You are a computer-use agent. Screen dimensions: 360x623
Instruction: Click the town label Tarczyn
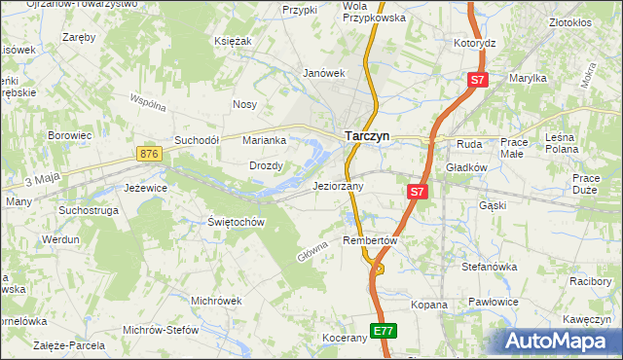coord(368,137)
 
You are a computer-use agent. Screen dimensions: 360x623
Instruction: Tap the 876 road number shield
coord(149,154)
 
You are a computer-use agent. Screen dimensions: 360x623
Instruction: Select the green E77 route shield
coord(384,332)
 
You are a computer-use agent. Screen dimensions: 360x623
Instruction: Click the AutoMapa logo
coord(561,342)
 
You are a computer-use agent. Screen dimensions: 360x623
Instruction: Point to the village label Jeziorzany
coord(338,186)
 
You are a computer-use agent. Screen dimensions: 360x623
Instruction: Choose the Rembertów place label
coord(372,240)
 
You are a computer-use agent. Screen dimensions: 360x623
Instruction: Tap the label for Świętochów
coord(237,222)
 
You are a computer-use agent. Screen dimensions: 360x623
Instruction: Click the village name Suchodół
coord(198,140)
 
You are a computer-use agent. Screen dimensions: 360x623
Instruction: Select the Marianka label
coord(265,140)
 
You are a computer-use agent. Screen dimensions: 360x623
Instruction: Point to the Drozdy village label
coord(266,165)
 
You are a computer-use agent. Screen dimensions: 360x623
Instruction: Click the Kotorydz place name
coord(475,44)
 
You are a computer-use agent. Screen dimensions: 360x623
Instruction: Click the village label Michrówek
coord(216,300)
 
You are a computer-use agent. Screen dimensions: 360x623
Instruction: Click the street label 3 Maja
coord(44,180)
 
